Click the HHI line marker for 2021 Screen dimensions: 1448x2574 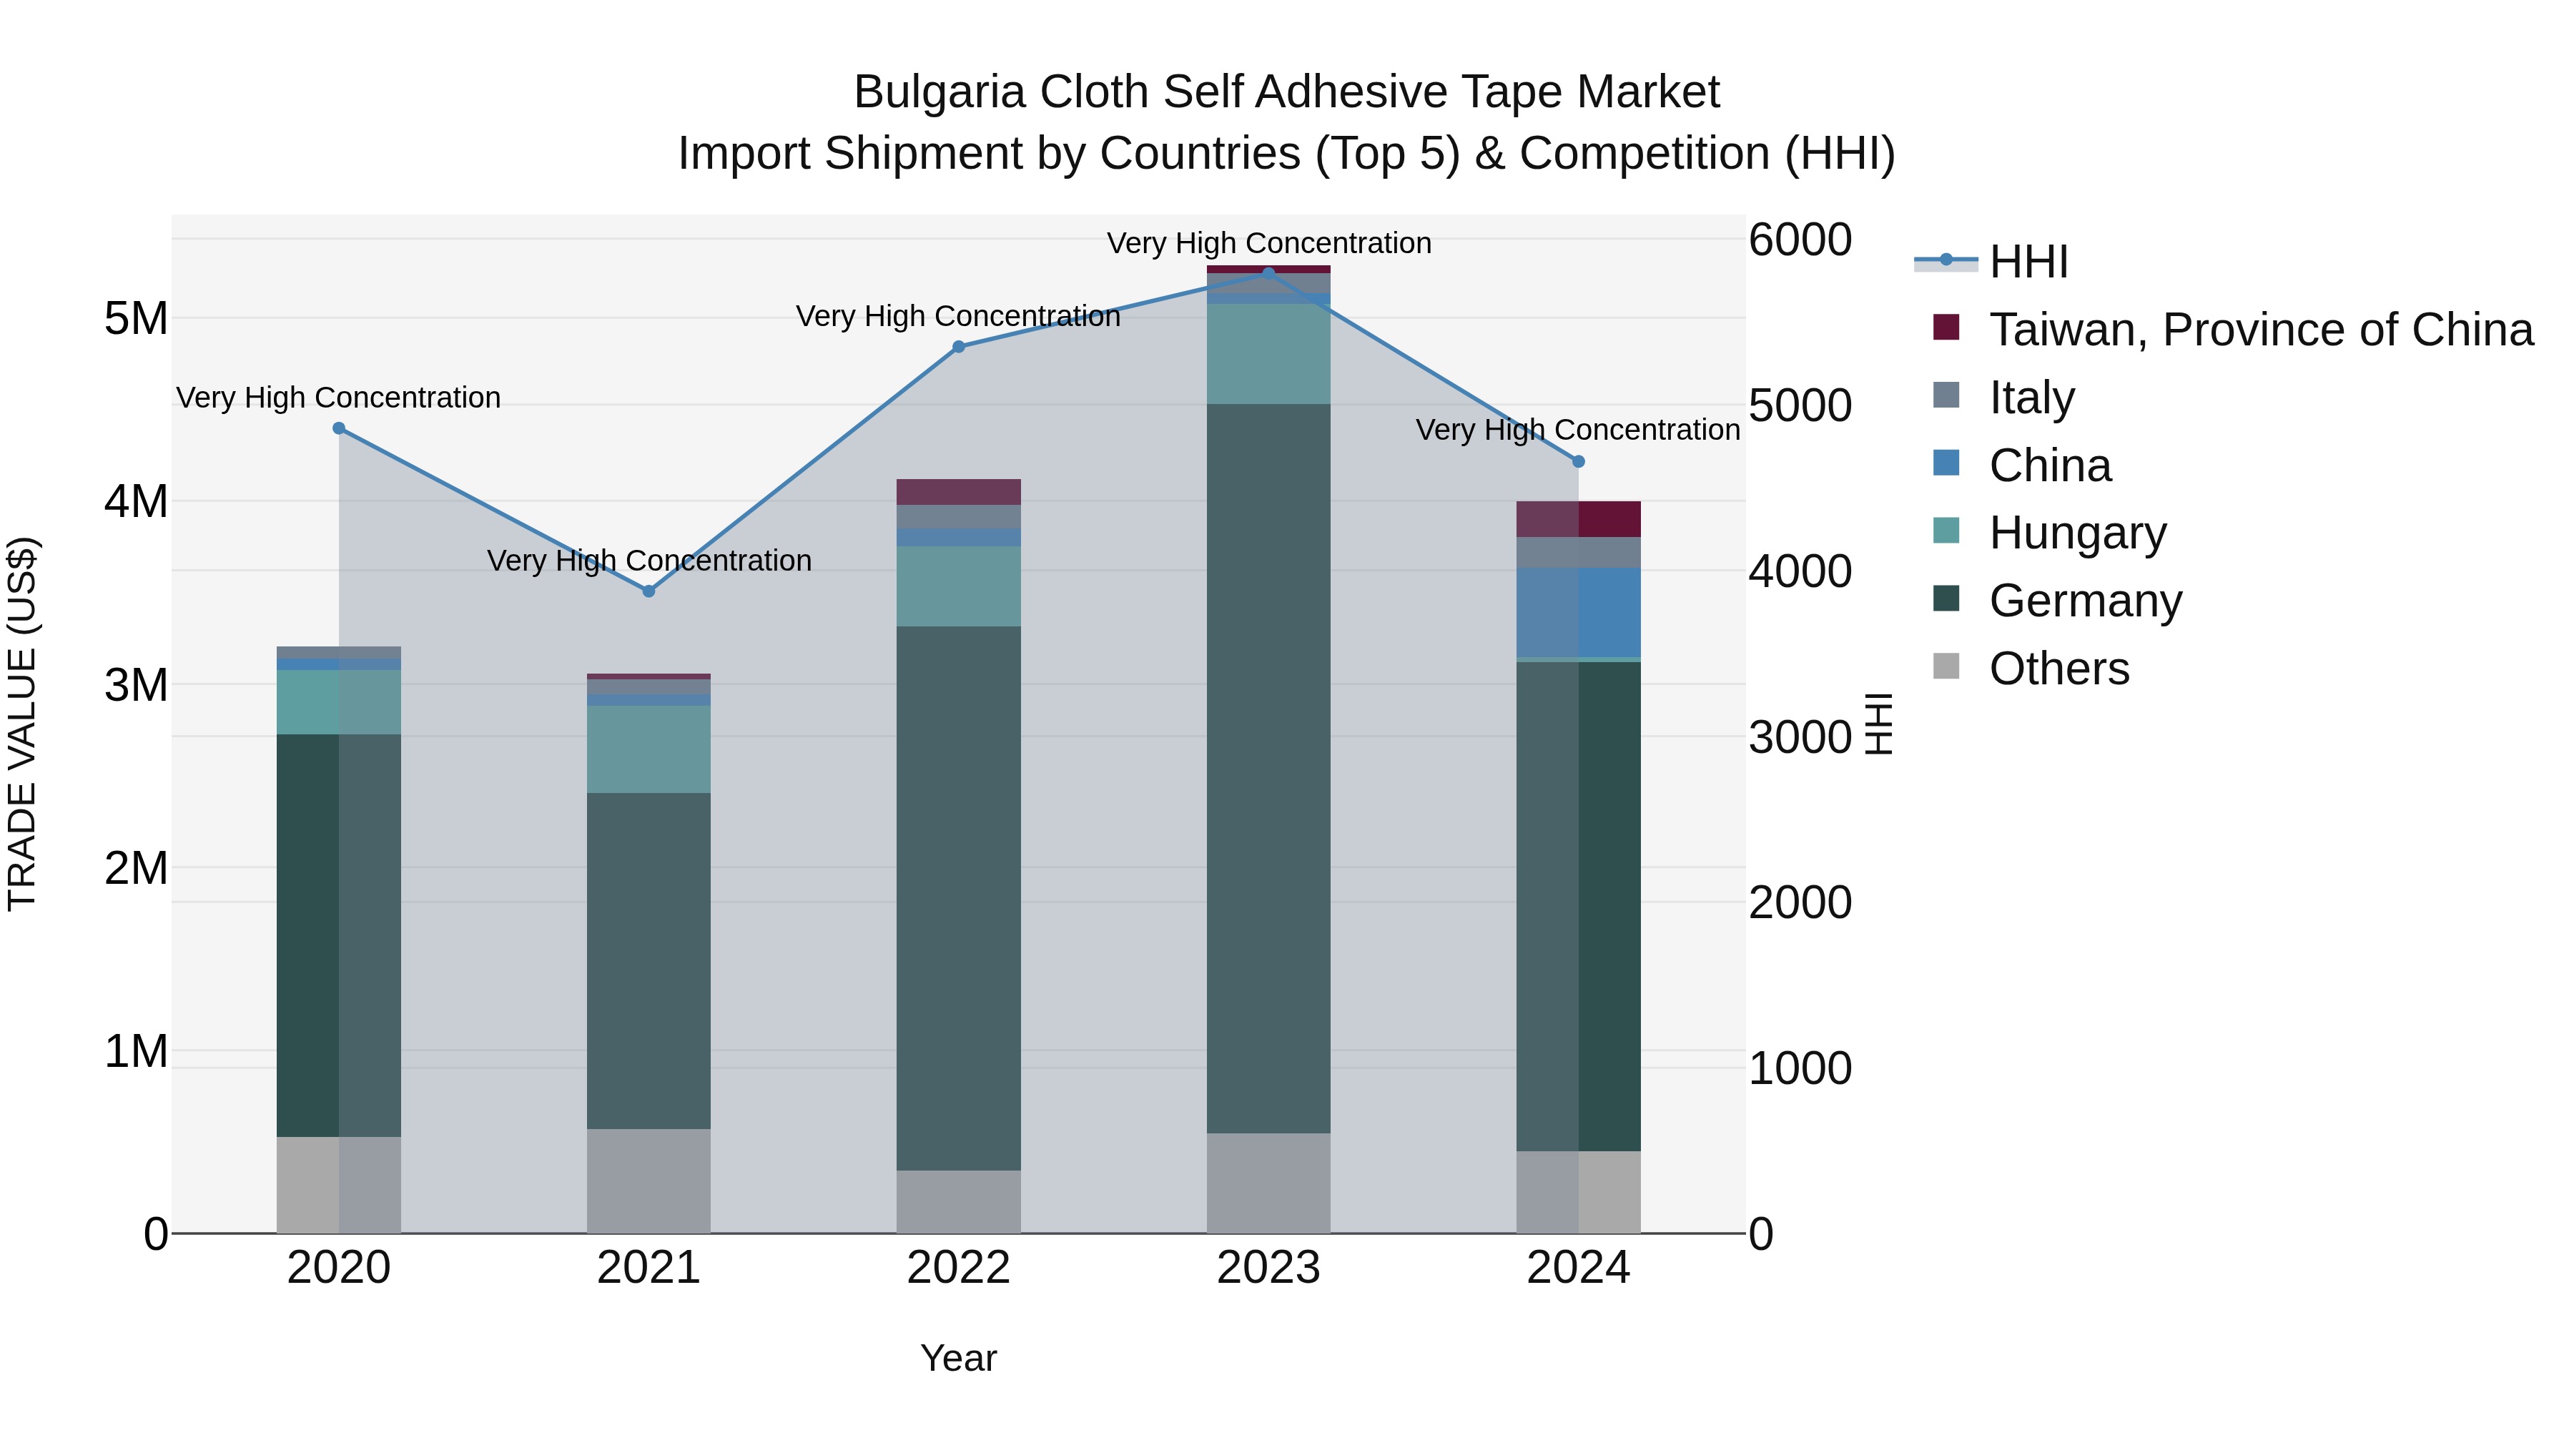coord(649,591)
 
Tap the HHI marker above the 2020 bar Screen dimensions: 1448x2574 coord(339,429)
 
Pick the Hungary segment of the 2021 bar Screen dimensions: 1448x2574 coord(649,749)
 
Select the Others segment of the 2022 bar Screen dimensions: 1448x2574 coord(958,1201)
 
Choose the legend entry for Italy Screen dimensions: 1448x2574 coord(2031,398)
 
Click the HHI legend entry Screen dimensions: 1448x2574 coord(2028,262)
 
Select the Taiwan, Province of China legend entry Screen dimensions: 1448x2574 coord(2260,330)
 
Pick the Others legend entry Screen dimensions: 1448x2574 coord(2058,669)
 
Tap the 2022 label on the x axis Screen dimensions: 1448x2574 coord(958,1268)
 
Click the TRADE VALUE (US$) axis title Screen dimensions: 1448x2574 coord(22,724)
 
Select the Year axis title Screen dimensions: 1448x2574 coord(958,1358)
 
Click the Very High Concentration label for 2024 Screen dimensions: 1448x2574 coord(1578,430)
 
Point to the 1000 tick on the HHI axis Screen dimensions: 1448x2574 coord(1800,1068)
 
